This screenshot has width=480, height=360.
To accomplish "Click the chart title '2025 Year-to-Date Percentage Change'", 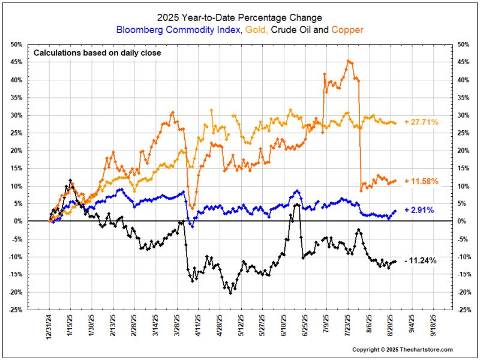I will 240,17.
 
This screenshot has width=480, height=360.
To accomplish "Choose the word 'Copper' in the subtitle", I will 347,29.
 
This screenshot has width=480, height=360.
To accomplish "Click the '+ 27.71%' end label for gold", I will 421,122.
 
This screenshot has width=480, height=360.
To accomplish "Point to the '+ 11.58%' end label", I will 421,181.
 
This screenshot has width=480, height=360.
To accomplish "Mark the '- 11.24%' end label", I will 421,260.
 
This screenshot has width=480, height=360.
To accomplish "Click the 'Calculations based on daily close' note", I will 97,53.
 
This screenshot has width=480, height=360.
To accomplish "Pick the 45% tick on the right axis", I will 463,62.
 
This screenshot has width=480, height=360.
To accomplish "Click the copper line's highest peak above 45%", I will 349,61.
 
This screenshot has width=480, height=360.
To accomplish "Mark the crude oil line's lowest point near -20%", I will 231,293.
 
